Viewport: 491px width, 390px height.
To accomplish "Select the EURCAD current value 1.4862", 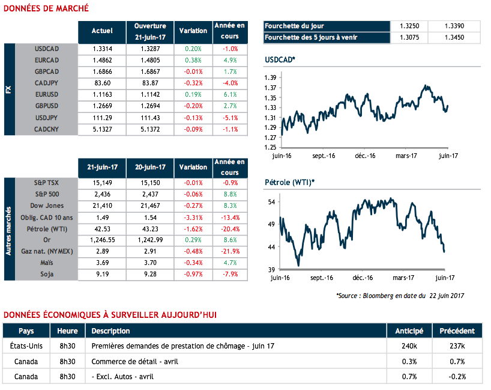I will click(102, 59).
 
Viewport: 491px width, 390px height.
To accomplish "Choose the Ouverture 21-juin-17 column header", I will click(150, 32).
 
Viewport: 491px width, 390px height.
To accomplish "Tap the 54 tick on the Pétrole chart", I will click(271, 202).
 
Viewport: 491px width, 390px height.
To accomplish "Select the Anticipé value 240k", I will click(409, 346).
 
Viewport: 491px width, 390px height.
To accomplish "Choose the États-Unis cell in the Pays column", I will click(26, 346).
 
